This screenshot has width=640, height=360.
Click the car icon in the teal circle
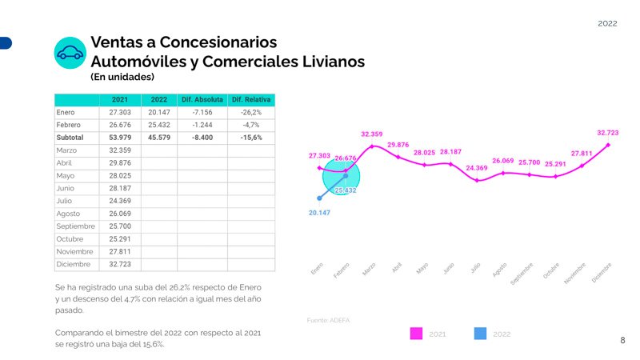tap(70, 53)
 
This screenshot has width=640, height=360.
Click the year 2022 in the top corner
tap(607, 24)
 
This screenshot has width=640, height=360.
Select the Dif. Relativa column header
tap(250, 99)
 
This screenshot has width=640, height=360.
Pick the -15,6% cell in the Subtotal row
tap(250, 138)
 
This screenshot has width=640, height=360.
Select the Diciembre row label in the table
tap(74, 264)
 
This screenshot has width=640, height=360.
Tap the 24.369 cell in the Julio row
tap(119, 201)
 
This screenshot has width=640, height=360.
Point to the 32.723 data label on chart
tap(607, 133)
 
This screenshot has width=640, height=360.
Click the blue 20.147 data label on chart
tap(319, 213)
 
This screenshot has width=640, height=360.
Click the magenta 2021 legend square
tap(416, 334)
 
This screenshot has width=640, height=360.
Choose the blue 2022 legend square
tap(480, 334)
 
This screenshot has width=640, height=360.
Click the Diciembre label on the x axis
tap(602, 272)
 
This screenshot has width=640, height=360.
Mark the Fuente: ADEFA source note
tap(329, 320)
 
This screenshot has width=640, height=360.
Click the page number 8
tap(622, 341)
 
